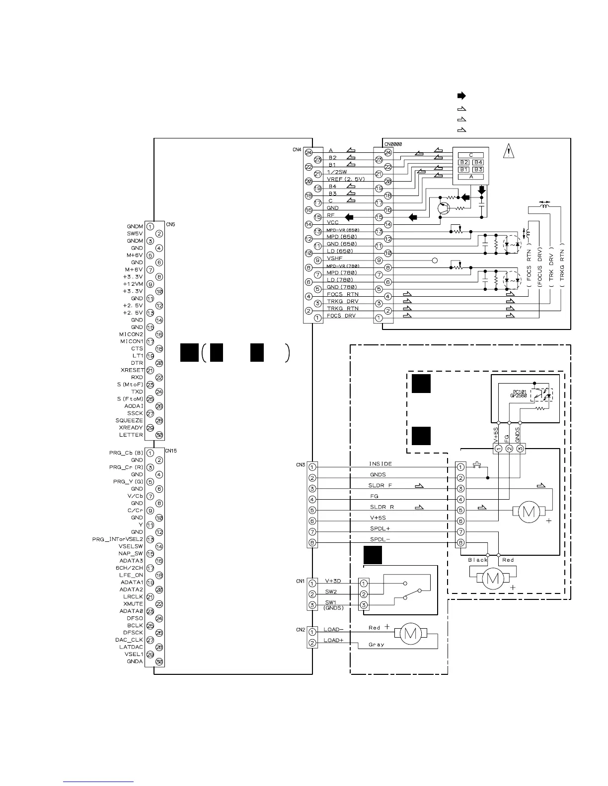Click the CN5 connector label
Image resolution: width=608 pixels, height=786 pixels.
pyautogui.click(x=170, y=224)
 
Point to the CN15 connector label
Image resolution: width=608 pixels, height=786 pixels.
pyautogui.click(x=171, y=451)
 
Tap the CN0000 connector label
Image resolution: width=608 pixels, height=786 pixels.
pyautogui.click(x=393, y=144)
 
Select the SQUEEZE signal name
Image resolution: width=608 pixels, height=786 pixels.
pyautogui.click(x=129, y=420)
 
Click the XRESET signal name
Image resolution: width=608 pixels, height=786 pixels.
pyautogui.click(x=132, y=370)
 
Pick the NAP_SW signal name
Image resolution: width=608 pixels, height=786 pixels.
pyautogui.click(x=131, y=553)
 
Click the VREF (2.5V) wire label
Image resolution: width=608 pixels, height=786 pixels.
pyautogui.click(x=346, y=179)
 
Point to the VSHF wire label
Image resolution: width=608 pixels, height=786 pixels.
pyautogui.click(x=335, y=258)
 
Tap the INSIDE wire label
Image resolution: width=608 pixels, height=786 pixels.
pyautogui.click(x=380, y=464)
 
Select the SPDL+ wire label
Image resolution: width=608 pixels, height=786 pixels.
pyautogui.click(x=380, y=528)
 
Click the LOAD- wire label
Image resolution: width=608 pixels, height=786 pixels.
pyautogui.click(x=333, y=629)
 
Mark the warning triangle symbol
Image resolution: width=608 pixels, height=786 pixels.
pyautogui.click(x=508, y=151)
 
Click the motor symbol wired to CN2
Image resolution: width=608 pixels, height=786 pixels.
pyautogui.click(x=411, y=634)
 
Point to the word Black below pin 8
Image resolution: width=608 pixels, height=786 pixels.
pyautogui.click(x=478, y=560)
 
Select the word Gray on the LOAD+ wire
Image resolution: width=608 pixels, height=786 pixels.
pyautogui.click(x=376, y=645)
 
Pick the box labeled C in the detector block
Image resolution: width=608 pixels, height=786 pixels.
pyautogui.click(x=471, y=155)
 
